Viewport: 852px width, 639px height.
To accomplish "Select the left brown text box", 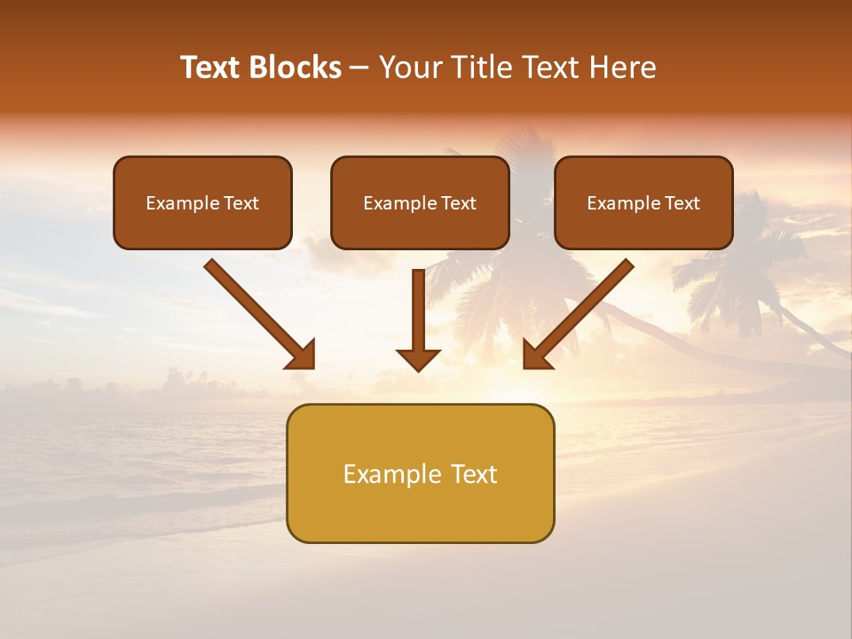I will pos(202,202).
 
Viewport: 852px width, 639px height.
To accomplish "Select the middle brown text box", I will pos(420,202).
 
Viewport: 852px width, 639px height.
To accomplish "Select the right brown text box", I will pos(643,202).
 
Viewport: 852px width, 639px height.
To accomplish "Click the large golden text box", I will pos(420,473).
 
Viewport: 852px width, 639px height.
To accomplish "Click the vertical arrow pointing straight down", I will pos(418,315).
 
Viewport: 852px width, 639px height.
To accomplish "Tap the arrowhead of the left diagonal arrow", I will pos(302,355).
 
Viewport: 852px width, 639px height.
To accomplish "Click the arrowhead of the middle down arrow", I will pos(418,359).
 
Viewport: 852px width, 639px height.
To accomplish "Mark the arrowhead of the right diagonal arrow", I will pos(536,355).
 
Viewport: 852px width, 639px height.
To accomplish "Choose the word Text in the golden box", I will pos(473,474).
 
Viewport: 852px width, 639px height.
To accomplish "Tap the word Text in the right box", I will pos(682,203).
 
